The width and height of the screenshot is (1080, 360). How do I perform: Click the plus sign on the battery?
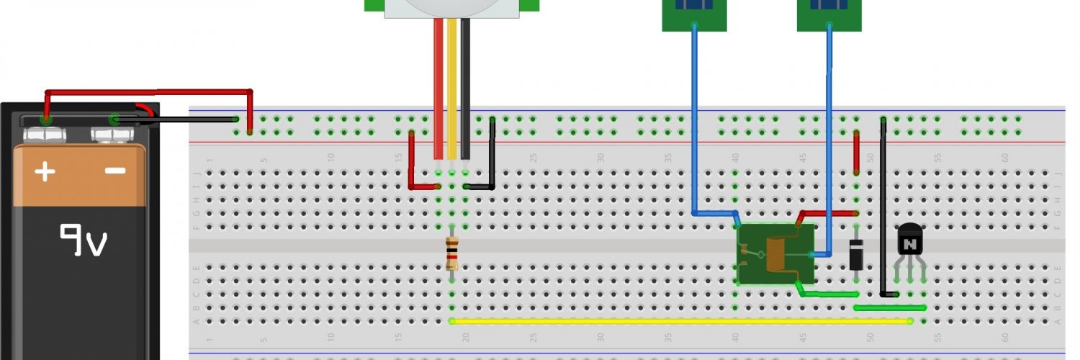point(45,171)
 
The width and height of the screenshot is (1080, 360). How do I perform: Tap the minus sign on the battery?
point(115,171)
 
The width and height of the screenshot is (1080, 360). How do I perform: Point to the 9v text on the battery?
point(84,240)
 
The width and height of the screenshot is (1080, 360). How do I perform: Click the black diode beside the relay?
point(856,254)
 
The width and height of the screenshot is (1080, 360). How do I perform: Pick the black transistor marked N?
point(910,241)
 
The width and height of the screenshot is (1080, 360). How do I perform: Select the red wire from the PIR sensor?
point(438,86)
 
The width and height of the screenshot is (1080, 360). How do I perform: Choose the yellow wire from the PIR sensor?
point(452,86)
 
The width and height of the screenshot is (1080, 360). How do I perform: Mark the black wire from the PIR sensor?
point(466,86)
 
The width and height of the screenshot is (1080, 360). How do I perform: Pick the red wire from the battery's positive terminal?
point(144,92)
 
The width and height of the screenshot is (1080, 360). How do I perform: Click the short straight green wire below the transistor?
point(889,307)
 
